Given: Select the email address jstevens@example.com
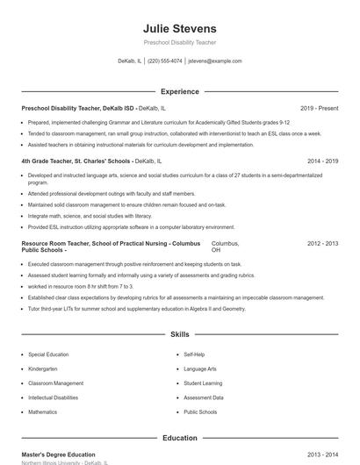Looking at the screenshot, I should (215, 61).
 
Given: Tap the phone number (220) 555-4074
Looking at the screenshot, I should (165, 61).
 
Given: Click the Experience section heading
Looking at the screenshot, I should (179, 91).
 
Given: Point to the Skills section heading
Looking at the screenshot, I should (179, 334).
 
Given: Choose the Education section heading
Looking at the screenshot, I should (179, 438).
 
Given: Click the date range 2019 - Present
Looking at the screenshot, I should (319, 109).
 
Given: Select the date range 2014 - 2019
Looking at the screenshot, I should (322, 161).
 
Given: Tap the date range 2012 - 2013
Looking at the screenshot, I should (322, 242).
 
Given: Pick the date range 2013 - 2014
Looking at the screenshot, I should (322, 454).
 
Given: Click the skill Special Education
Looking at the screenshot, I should (49, 354).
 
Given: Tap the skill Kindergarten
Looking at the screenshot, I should (43, 368).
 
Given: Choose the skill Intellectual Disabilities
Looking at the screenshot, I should (53, 397).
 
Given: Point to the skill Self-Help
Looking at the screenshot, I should (194, 354).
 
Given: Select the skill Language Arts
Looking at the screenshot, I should (200, 368).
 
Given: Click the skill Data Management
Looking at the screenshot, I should (203, 397).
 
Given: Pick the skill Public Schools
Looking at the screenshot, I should (200, 411).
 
